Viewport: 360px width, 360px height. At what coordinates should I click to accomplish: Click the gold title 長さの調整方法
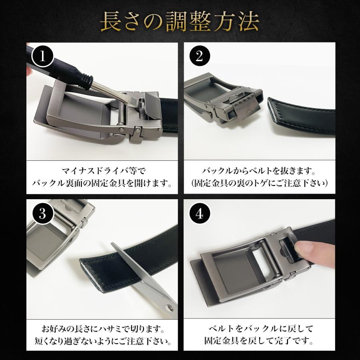[x=180, y=22]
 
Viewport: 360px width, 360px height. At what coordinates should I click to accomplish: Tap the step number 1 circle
[x=42, y=56]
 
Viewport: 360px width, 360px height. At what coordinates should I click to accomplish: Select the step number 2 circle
[x=199, y=56]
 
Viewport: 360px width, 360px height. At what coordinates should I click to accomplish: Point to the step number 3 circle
[x=42, y=214]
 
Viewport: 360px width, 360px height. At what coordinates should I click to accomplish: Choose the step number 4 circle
[x=199, y=214]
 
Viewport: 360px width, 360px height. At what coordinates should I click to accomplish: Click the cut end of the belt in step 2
[x=274, y=112]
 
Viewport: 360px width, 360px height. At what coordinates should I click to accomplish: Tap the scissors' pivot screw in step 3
[x=170, y=307]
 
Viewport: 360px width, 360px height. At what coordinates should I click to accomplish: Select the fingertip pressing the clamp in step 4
[x=305, y=250]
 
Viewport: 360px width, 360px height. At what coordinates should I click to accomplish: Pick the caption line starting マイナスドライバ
[x=104, y=171]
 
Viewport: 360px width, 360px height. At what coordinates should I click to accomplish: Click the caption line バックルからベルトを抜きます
[x=259, y=171]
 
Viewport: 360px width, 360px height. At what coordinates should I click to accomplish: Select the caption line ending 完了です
[x=259, y=341]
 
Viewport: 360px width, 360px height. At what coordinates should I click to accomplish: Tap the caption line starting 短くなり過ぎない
[x=103, y=341]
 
